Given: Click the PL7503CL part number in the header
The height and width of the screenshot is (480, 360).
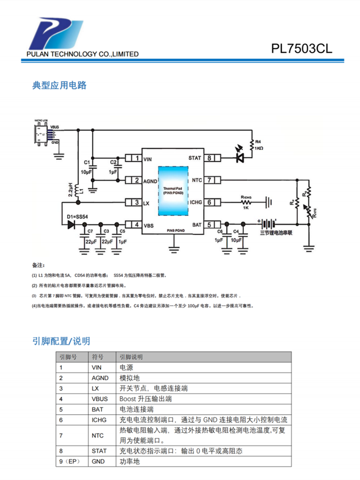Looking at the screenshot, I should tap(301, 49).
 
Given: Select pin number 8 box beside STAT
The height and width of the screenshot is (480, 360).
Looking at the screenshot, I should tap(210, 158).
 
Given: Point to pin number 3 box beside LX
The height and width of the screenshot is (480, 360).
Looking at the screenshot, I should tap(136, 203).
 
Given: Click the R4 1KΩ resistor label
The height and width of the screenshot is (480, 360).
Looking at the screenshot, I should tap(259, 145).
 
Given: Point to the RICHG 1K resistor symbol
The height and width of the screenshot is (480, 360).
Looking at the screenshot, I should tap(246, 202).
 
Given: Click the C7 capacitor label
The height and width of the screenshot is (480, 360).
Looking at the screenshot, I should tap(89, 231).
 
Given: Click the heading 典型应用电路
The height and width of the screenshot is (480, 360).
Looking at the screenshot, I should tap(60, 85).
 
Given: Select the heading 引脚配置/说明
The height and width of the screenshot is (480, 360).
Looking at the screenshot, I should tap(61, 341).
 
